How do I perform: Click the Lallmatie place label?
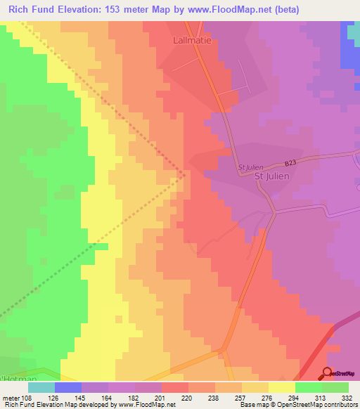[193, 41]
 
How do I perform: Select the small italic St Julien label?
[251, 167]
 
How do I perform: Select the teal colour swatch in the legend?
[41, 387]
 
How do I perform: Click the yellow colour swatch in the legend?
[282, 387]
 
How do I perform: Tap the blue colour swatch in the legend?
[68, 387]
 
